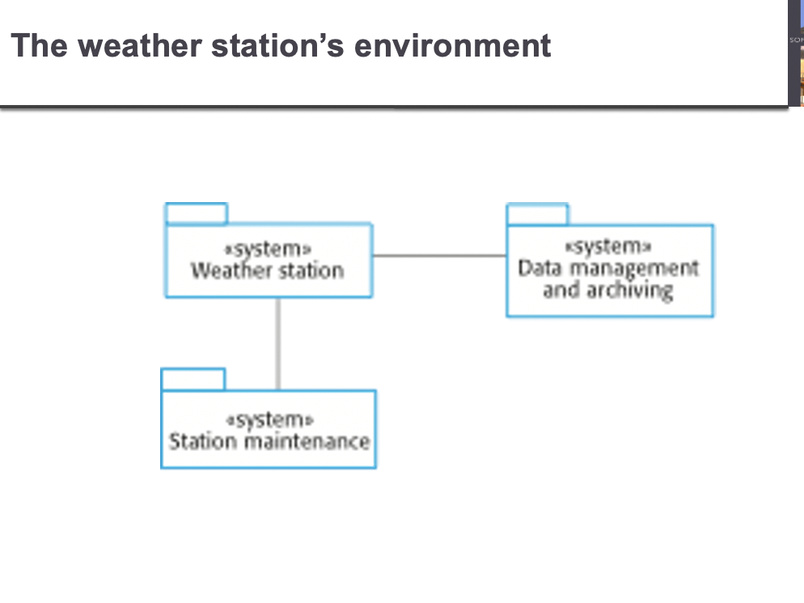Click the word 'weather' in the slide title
coord(139,45)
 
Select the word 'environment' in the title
coord(452,45)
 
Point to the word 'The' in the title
coord(40,45)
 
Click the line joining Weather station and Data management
coord(439,255)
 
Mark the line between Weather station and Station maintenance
coord(278,344)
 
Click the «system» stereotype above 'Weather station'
coord(269,250)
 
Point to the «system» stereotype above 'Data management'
coord(608,247)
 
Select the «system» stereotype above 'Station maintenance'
coord(269,420)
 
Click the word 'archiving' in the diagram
coord(629,290)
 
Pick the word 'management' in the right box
coord(635,268)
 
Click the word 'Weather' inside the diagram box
coord(225,270)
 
